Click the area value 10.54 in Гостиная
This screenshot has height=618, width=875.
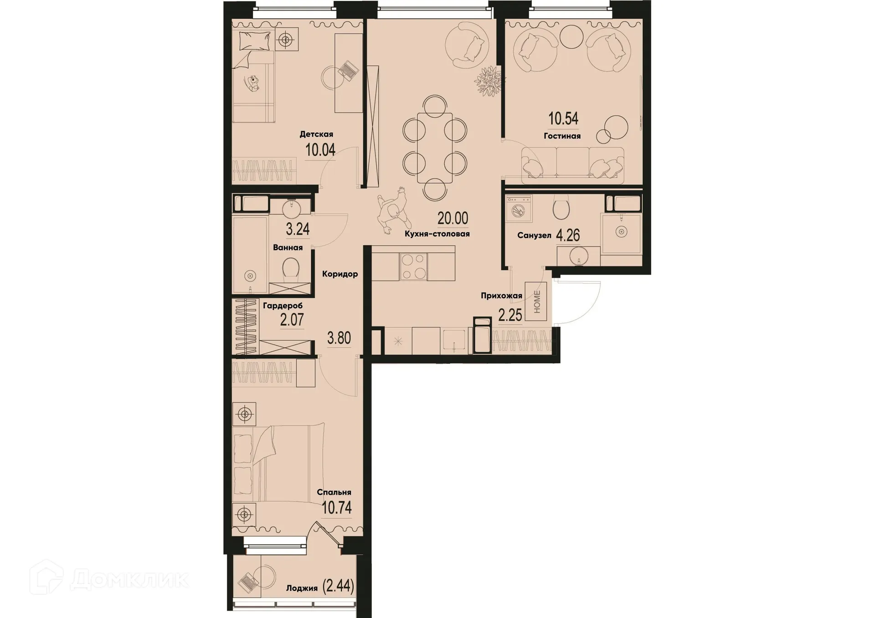(x=563, y=118)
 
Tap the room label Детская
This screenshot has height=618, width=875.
(x=316, y=134)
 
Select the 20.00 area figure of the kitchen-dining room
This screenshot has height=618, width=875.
(x=453, y=218)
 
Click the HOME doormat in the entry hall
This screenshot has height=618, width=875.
(x=536, y=301)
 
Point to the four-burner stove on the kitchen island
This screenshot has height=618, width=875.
(x=413, y=266)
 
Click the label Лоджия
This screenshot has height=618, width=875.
(x=301, y=588)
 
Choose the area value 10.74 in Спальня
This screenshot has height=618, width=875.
(x=336, y=507)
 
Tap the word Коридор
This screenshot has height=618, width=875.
(x=340, y=274)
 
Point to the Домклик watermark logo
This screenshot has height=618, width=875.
(x=109, y=579)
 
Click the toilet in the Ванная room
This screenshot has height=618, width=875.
(x=290, y=268)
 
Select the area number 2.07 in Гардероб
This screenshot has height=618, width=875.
(x=292, y=320)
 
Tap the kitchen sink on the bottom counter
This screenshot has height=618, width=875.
(x=454, y=341)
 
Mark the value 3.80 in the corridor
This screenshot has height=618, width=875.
(x=339, y=338)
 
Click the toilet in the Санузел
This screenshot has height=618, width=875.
(x=561, y=208)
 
